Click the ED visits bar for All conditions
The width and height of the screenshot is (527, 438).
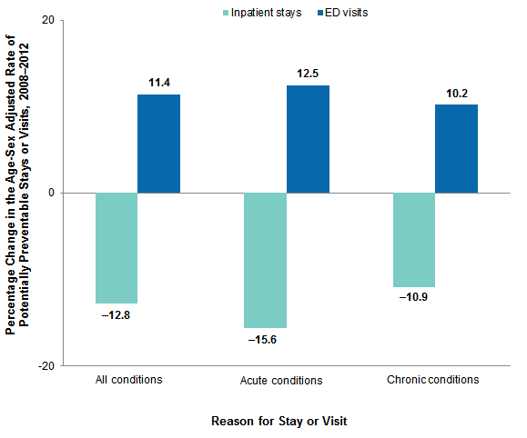[x=158, y=144]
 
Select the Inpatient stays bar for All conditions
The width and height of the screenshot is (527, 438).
[x=117, y=247]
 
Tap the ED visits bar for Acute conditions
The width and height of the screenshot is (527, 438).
[x=308, y=139]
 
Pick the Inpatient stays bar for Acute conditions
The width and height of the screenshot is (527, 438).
[x=265, y=260]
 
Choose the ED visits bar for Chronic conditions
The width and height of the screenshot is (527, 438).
[x=456, y=148]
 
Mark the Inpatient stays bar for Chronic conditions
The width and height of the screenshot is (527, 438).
[x=413, y=239]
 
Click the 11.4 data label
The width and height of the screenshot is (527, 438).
[x=159, y=83]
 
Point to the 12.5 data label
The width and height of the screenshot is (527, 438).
[x=308, y=74]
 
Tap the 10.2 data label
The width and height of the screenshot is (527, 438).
[x=456, y=93]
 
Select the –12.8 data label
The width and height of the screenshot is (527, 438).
[x=117, y=315]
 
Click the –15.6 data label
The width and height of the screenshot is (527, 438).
[x=265, y=340]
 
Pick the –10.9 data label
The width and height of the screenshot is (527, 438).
[x=413, y=299]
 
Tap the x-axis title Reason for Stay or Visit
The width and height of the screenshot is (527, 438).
[x=279, y=422]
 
